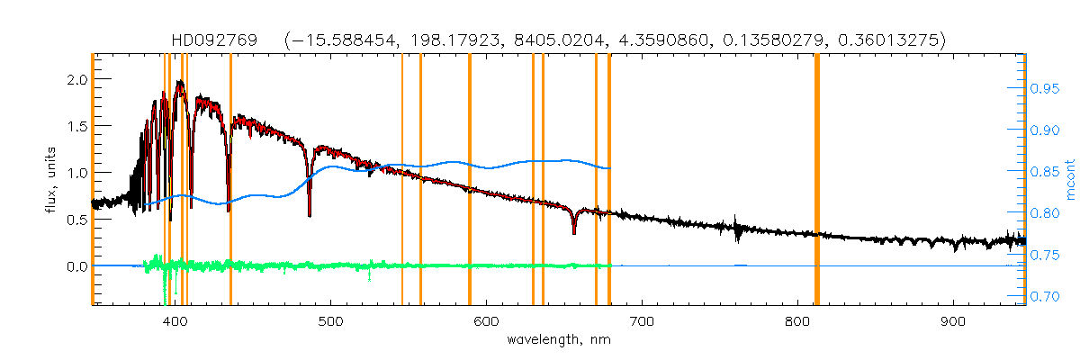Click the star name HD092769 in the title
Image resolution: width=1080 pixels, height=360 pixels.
pyautogui.click(x=215, y=40)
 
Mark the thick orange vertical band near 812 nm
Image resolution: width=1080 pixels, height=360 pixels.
pyautogui.click(x=816, y=180)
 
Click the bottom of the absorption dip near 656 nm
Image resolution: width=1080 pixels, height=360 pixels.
pyautogui.click(x=573, y=233)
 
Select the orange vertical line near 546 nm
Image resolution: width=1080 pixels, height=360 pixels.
pyautogui.click(x=401, y=180)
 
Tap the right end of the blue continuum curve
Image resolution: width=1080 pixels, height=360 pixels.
pyautogui.click(x=611, y=168)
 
